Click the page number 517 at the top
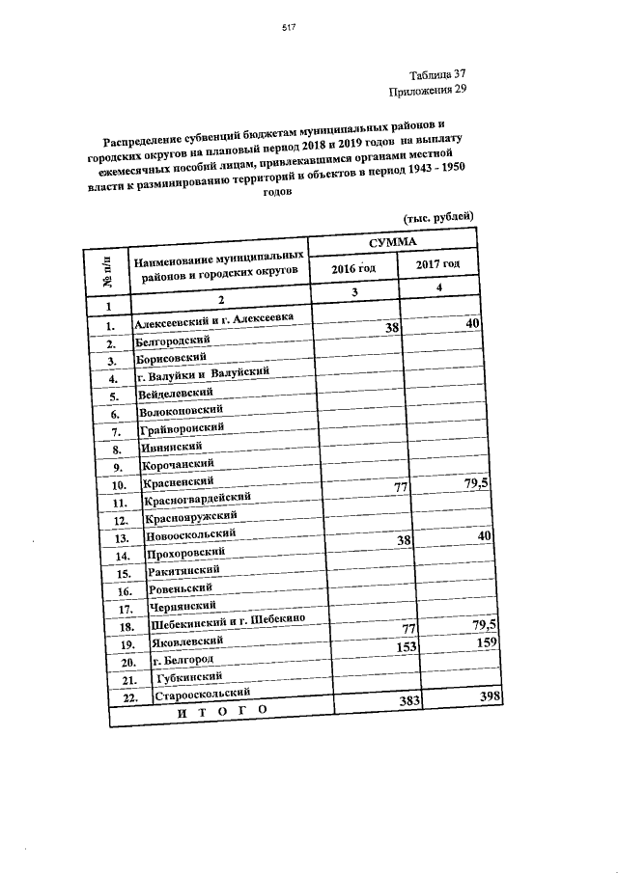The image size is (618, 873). tap(288, 28)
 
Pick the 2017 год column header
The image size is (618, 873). tap(437, 264)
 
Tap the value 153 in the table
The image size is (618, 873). tap(406, 647)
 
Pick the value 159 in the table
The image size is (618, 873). tap(488, 641)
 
